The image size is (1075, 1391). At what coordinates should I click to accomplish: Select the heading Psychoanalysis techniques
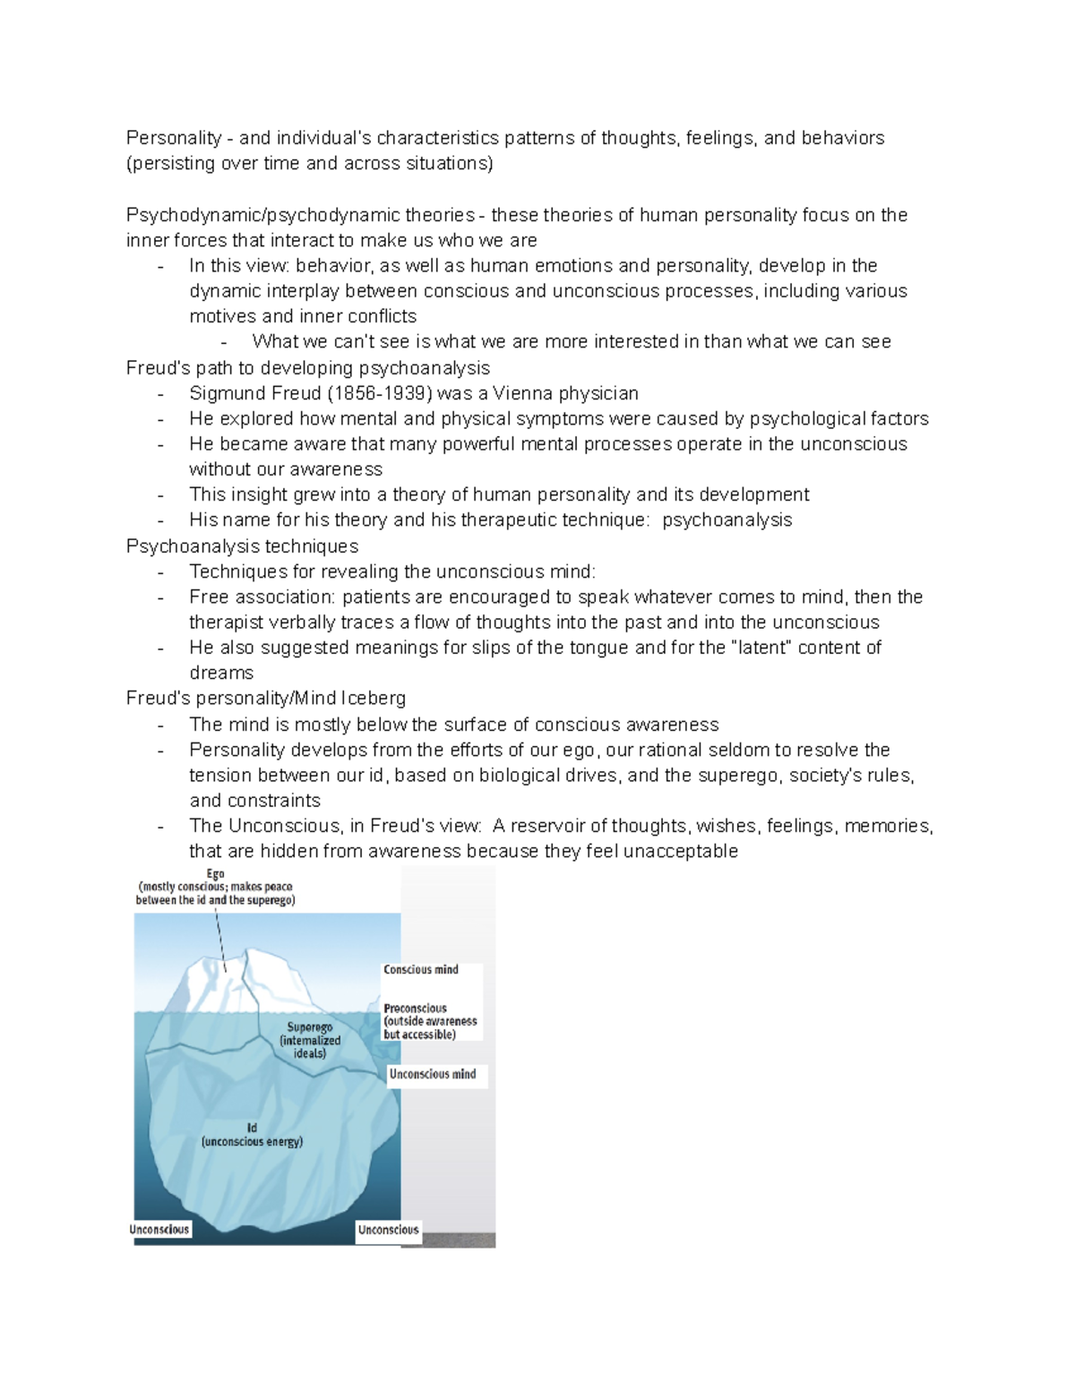pyautogui.click(x=242, y=546)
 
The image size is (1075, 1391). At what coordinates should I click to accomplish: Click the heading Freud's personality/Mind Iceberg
pyautogui.click(x=265, y=698)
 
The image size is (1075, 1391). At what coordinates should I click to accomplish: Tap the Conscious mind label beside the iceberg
pyautogui.click(x=421, y=970)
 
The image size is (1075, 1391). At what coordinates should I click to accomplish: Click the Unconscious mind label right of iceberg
pyautogui.click(x=433, y=1074)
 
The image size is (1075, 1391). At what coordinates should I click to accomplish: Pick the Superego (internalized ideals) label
pyautogui.click(x=310, y=1040)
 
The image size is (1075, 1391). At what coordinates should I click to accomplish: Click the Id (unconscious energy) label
pyautogui.click(x=253, y=1135)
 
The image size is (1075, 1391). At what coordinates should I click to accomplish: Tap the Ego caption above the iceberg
pyautogui.click(x=215, y=887)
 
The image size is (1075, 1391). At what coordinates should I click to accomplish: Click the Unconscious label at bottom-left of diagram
pyautogui.click(x=159, y=1230)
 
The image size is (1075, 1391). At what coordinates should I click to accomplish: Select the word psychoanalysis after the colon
pyautogui.click(x=727, y=520)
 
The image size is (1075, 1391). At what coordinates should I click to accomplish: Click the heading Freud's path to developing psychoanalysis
pyautogui.click(x=308, y=368)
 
